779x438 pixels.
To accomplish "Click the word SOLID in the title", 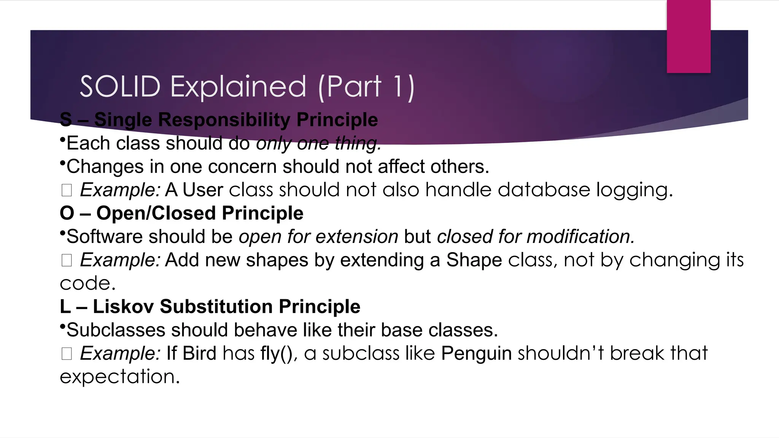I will [x=120, y=87].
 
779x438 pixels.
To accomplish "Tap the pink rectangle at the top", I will [x=688, y=36].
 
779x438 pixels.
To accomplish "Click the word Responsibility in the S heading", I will [x=224, y=120].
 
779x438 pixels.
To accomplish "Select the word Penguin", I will [x=476, y=354].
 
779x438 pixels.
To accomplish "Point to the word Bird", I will [x=199, y=354].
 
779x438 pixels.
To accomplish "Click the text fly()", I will [x=277, y=354].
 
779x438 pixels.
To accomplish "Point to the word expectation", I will [x=119, y=377].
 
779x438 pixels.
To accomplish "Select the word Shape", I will [x=474, y=260].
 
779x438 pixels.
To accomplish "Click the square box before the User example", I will [x=67, y=190].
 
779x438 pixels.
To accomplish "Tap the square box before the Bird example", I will [x=67, y=354].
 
